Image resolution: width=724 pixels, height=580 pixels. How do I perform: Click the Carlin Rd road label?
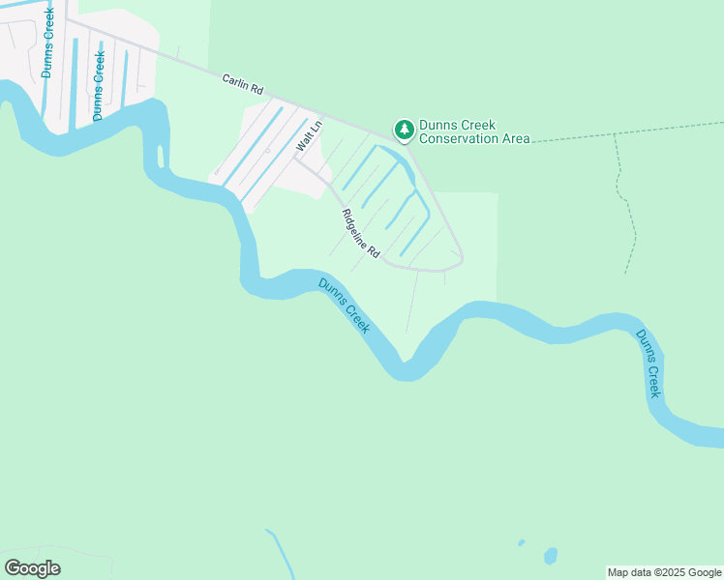pos(242,84)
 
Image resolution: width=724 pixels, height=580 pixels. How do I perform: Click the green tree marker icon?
pos(404,129)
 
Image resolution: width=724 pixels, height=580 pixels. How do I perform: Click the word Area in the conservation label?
pos(517,139)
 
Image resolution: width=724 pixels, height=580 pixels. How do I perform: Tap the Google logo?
pos(33,567)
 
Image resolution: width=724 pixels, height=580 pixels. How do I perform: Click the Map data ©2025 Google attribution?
pos(665,572)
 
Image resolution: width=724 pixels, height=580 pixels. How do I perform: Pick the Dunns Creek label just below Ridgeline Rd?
pos(345,305)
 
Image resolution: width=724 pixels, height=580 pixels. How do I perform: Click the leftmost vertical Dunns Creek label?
pos(48,43)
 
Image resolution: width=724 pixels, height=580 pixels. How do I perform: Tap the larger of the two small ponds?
pos(551,556)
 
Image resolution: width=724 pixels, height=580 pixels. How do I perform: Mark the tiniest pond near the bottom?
pos(521,542)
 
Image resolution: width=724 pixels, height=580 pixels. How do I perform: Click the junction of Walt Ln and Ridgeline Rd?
pos(296,159)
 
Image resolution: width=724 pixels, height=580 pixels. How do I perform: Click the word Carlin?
pos(235,81)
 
